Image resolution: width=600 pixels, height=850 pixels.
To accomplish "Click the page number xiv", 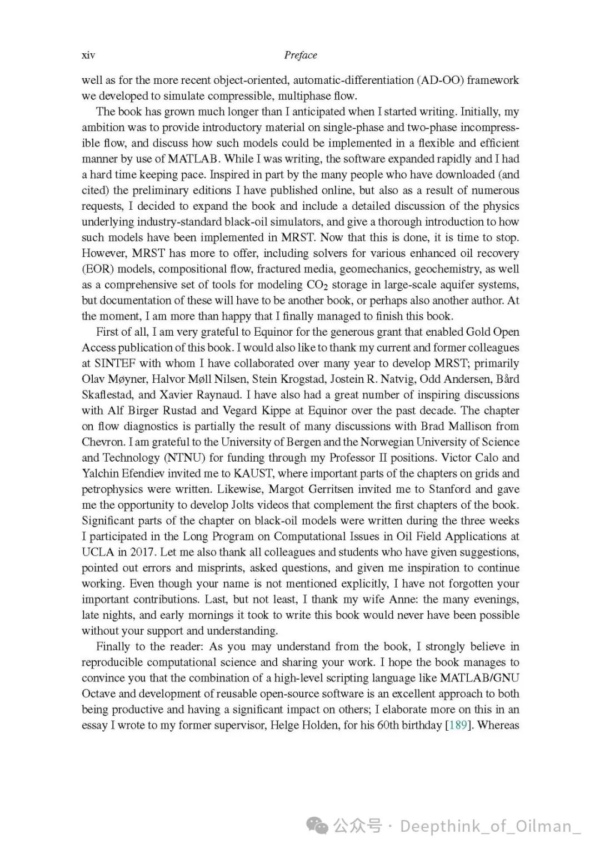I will click(x=88, y=55).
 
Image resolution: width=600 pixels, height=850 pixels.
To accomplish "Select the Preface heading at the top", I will click(x=301, y=55).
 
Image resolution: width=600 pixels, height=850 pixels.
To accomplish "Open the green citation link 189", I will click(x=457, y=725).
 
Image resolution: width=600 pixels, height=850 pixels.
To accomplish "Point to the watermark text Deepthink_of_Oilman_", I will click(x=490, y=826).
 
